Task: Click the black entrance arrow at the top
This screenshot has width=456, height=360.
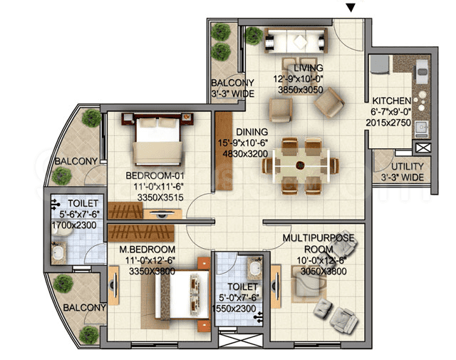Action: (x=349, y=8)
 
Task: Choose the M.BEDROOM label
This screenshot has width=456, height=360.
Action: (x=140, y=250)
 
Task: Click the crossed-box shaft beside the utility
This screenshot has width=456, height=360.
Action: (x=422, y=148)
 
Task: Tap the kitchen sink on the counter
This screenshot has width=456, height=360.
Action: (x=420, y=128)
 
